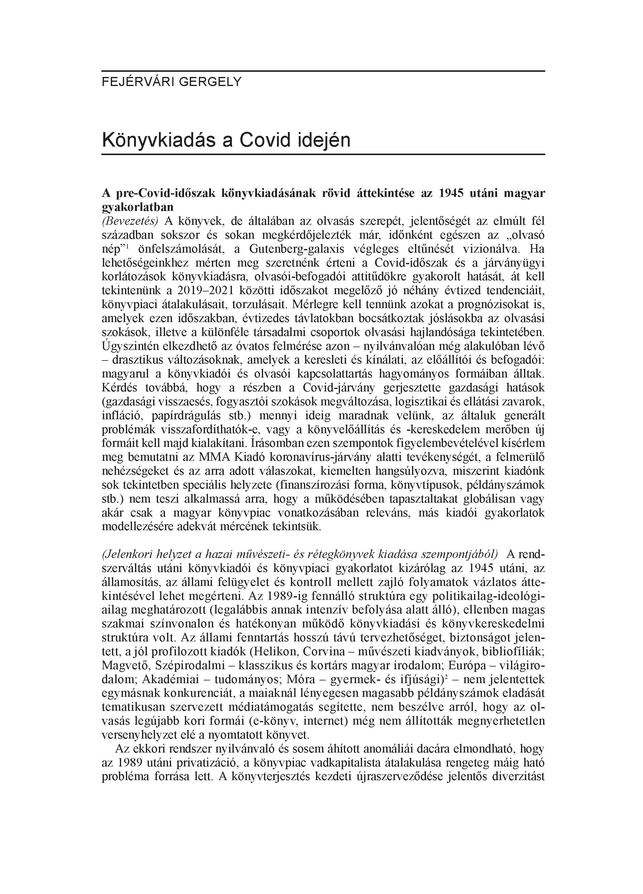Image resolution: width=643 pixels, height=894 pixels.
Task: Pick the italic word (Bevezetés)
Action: click(x=130, y=221)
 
